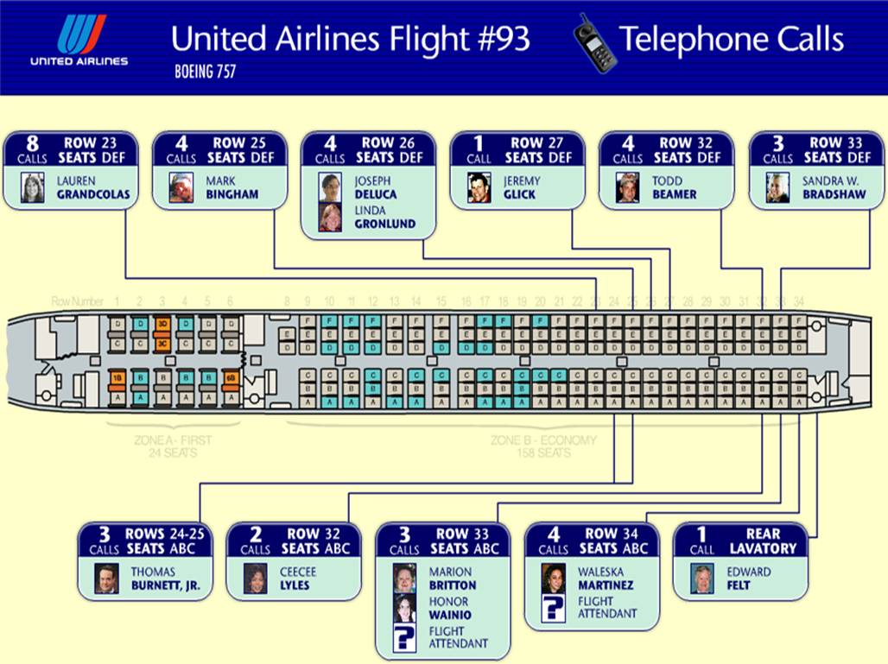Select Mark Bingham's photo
pos(181,187)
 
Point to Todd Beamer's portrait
pos(628,187)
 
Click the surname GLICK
pos(519,194)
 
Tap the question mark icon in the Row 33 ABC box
pos(404,638)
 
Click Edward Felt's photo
pos(702,579)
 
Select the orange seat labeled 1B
pos(117,377)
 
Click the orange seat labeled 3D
pos(162,324)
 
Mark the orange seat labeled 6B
pos(230,377)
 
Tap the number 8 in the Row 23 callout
pos(32,143)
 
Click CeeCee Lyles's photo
pos(255,579)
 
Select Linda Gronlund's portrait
pos(330,217)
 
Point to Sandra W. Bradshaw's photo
pos(777,187)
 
